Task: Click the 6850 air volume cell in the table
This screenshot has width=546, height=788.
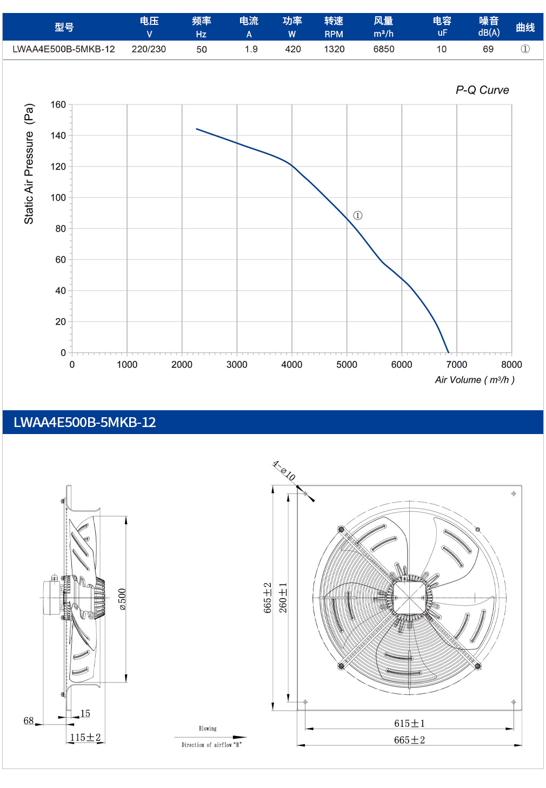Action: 383,49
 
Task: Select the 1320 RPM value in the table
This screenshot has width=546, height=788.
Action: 334,49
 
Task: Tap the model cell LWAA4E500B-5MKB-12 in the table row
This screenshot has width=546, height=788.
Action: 64,49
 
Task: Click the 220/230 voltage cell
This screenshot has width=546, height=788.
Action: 149,49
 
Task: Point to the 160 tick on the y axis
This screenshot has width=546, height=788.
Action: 58,104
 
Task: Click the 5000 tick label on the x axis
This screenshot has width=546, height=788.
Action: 347,364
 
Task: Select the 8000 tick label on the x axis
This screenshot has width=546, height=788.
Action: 511,364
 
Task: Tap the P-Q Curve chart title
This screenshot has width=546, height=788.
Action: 482,90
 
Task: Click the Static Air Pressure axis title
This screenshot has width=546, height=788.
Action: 29,163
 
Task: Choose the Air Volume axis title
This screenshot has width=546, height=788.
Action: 475,380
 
